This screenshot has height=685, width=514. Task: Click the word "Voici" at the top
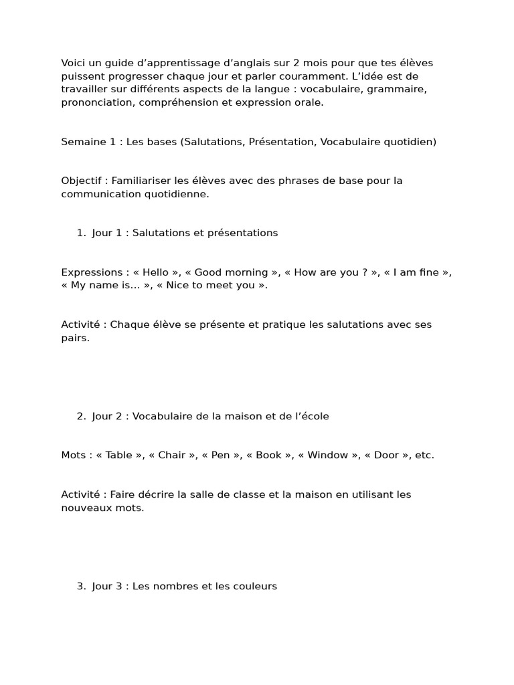pyautogui.click(x=74, y=63)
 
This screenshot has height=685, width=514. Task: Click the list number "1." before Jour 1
pyautogui.click(x=81, y=233)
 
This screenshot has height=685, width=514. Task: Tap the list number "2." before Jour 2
pyautogui.click(x=81, y=416)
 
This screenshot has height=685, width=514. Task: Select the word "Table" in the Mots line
pyautogui.click(x=119, y=455)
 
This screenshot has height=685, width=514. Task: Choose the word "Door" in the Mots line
pyautogui.click(x=386, y=455)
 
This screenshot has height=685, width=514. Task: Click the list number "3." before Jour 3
pyautogui.click(x=81, y=586)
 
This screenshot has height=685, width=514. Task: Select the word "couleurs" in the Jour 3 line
pyautogui.click(x=256, y=586)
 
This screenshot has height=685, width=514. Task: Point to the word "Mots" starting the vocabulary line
pyautogui.click(x=73, y=455)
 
